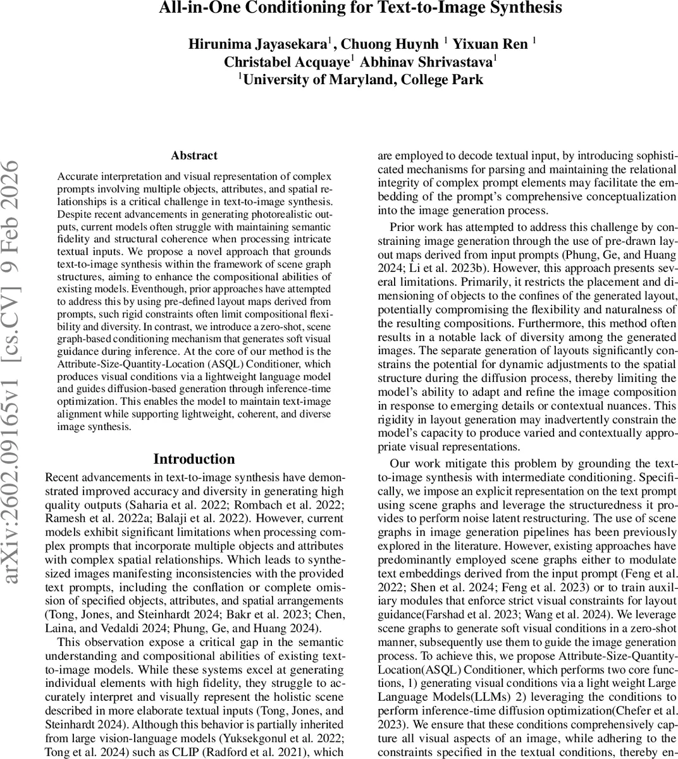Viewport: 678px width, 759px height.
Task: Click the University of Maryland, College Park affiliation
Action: click(362, 79)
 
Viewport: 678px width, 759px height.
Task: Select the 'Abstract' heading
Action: click(194, 156)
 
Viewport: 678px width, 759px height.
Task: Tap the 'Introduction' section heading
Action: click(194, 459)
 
